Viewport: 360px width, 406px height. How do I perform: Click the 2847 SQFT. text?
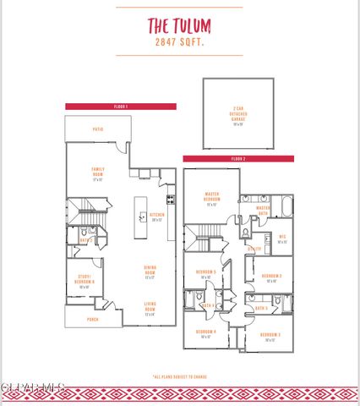(x=179, y=41)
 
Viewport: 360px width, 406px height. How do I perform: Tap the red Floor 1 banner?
(x=121, y=107)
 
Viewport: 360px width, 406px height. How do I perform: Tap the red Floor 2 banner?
(x=238, y=158)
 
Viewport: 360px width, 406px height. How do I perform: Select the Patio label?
(x=99, y=129)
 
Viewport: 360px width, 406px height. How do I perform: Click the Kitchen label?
(x=156, y=216)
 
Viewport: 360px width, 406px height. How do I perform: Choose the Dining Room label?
(x=150, y=272)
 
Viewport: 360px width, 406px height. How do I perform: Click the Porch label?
(x=92, y=320)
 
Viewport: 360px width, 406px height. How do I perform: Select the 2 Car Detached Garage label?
(x=237, y=116)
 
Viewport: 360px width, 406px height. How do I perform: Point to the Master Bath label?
(x=263, y=209)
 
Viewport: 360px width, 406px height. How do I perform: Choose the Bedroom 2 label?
(x=270, y=277)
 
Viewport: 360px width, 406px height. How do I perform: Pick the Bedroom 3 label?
(x=270, y=336)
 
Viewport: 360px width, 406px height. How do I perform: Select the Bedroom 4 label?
(x=206, y=332)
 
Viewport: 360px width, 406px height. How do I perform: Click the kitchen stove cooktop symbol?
(x=171, y=200)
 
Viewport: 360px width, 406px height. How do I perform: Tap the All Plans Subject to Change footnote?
(x=179, y=376)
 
